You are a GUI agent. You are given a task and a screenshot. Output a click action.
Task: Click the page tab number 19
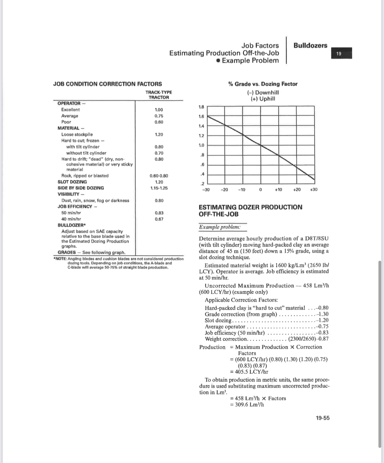(x=339, y=54)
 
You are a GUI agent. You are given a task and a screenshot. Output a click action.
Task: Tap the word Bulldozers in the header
(x=310, y=46)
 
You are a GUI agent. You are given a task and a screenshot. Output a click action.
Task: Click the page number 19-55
(x=322, y=418)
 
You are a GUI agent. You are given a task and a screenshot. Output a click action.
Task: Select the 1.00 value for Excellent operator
(x=159, y=110)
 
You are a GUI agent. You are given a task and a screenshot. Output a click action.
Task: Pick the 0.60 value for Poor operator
(x=159, y=122)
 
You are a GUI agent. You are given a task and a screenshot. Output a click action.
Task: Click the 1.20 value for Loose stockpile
(x=159, y=134)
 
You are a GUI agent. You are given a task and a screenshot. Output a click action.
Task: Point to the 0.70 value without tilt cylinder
(x=159, y=153)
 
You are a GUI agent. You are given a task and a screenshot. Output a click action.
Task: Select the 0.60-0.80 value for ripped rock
(x=159, y=176)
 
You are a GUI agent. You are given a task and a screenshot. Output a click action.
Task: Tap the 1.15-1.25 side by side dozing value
(x=159, y=188)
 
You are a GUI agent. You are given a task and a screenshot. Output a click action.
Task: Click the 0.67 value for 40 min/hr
(x=159, y=219)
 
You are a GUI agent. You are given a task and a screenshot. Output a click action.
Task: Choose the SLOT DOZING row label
(x=72, y=182)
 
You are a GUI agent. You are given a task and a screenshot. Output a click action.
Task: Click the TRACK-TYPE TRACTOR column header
(x=159, y=95)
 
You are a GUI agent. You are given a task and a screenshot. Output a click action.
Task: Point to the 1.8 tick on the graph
(x=201, y=107)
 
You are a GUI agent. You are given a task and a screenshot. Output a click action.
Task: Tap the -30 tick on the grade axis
(x=205, y=190)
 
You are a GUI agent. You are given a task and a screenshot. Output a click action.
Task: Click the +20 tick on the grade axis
(x=297, y=190)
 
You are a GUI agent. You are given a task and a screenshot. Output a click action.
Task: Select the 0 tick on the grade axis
(x=260, y=190)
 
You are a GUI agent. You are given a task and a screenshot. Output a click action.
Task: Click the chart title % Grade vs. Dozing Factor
(x=263, y=84)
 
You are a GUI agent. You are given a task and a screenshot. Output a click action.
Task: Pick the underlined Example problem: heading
(x=220, y=227)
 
